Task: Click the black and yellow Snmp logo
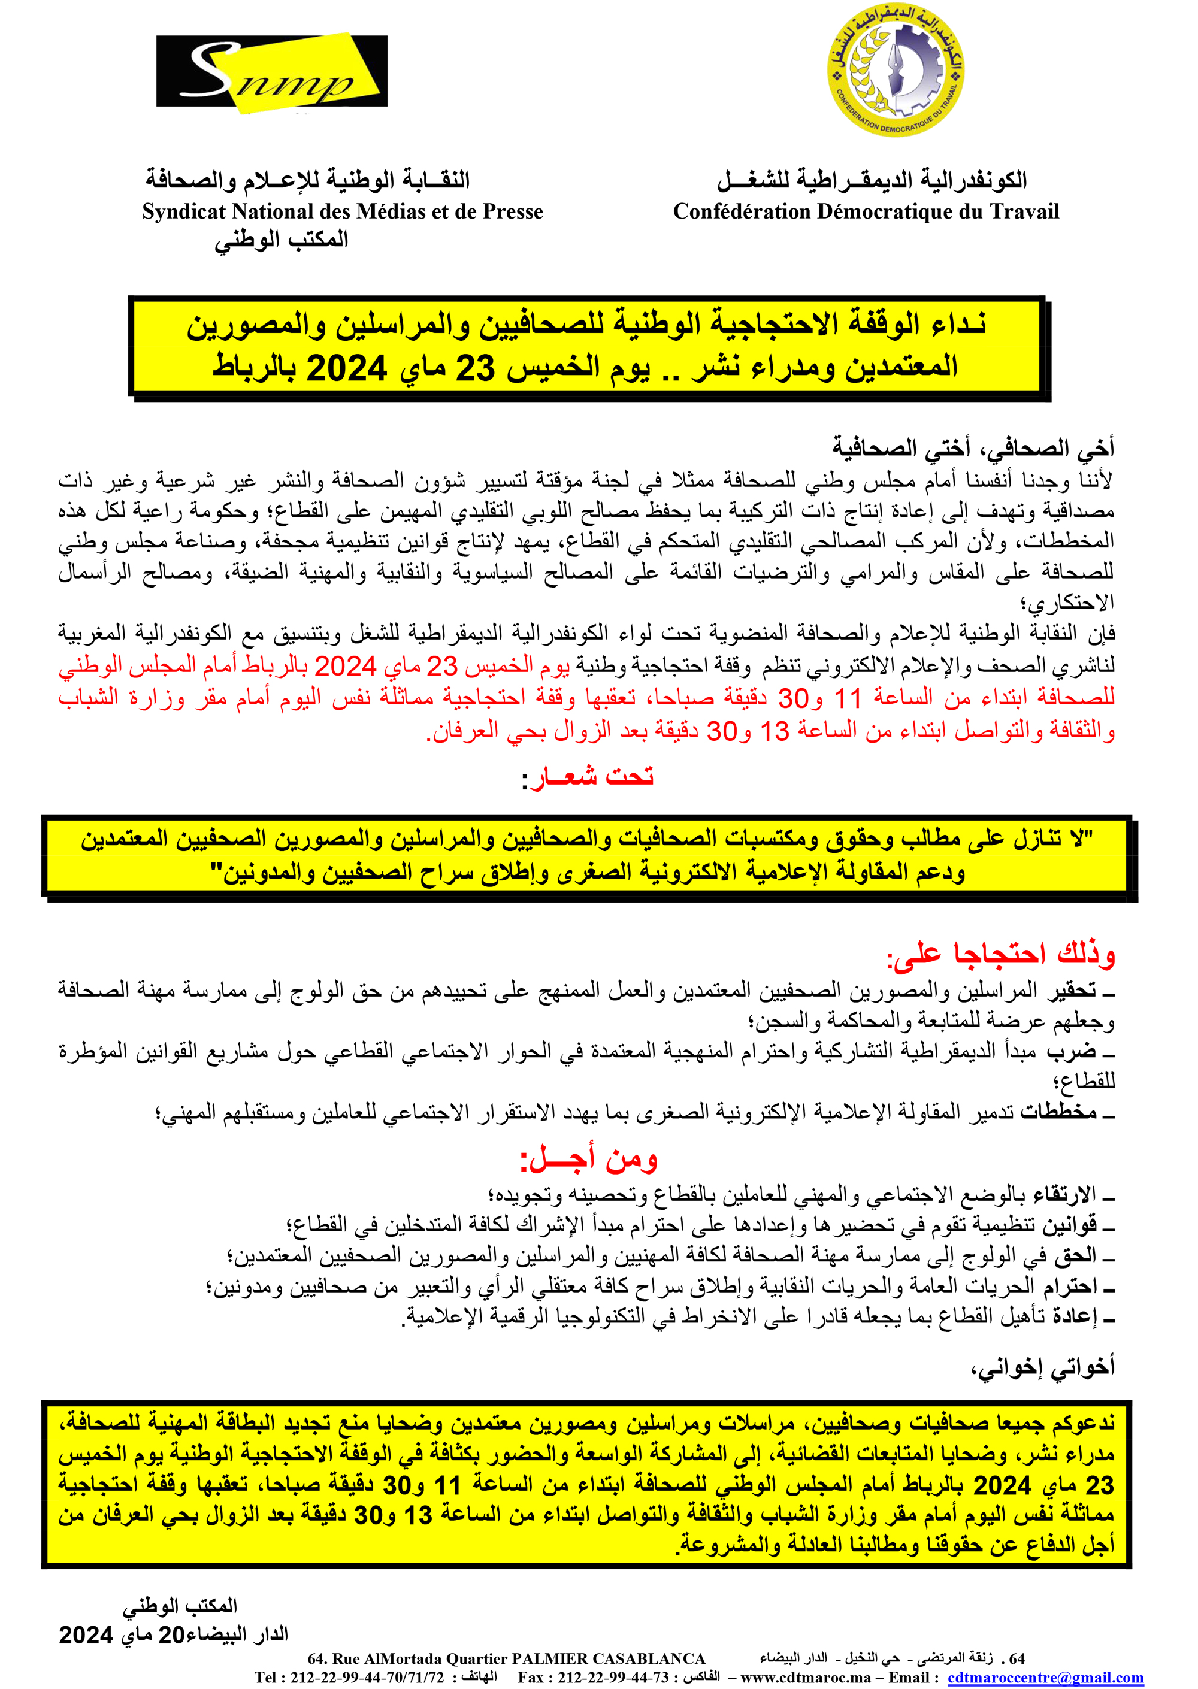pos(271,71)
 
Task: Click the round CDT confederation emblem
pos(895,69)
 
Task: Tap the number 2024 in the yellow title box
pos(346,368)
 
